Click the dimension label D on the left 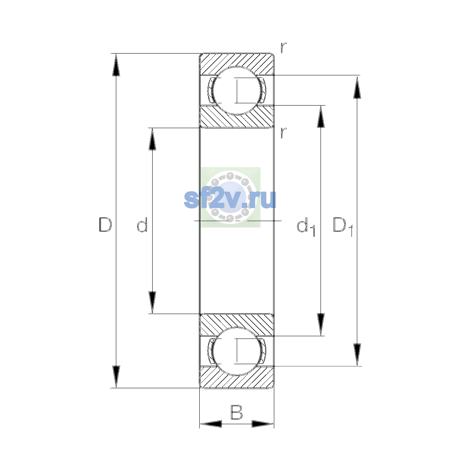pyautogui.click(x=105, y=225)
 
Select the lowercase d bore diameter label pyautogui.click(x=142, y=225)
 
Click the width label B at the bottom pyautogui.click(x=236, y=412)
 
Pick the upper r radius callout pyautogui.click(x=283, y=47)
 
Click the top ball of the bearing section pyautogui.click(x=236, y=91)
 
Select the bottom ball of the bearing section pyautogui.click(x=236, y=352)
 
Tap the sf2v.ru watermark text pyautogui.click(x=230, y=199)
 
